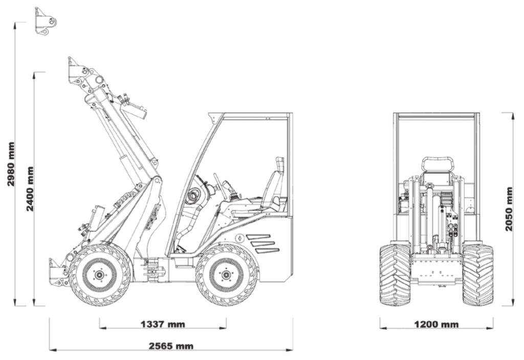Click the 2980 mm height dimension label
point(11,164)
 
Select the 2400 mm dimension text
point(30,189)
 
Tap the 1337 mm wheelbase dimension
point(162,324)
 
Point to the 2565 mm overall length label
point(171,346)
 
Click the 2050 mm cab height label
point(509,209)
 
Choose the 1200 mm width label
point(436,324)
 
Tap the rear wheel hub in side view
point(225,275)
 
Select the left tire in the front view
point(395,275)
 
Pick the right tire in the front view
point(477,275)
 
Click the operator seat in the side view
point(273,189)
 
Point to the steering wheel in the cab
point(219,185)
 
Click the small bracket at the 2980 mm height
point(45,21)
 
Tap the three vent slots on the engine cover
point(263,243)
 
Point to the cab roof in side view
point(251,116)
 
